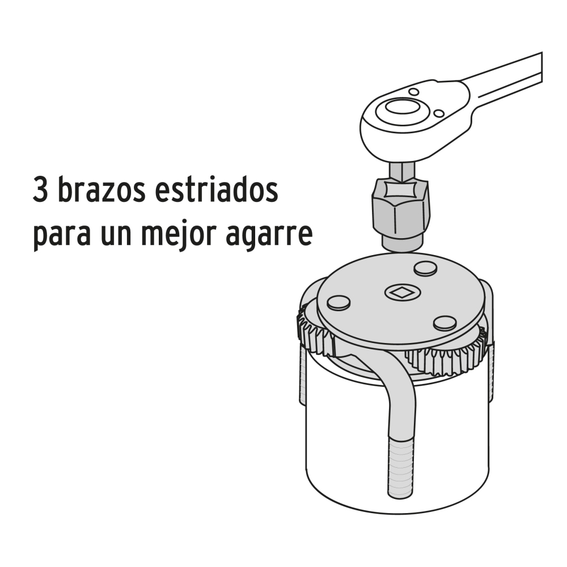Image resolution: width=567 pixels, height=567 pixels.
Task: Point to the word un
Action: point(120,235)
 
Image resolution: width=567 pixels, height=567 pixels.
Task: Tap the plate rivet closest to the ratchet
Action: point(425,268)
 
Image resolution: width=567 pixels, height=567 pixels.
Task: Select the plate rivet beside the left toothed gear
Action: point(338,302)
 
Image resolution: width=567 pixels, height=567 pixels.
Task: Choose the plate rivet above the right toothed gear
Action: point(445,323)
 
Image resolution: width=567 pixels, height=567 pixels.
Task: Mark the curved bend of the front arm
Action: point(391,386)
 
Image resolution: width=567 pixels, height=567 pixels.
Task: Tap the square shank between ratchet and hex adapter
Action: point(401,171)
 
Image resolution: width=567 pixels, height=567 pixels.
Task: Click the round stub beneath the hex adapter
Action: point(400,243)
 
